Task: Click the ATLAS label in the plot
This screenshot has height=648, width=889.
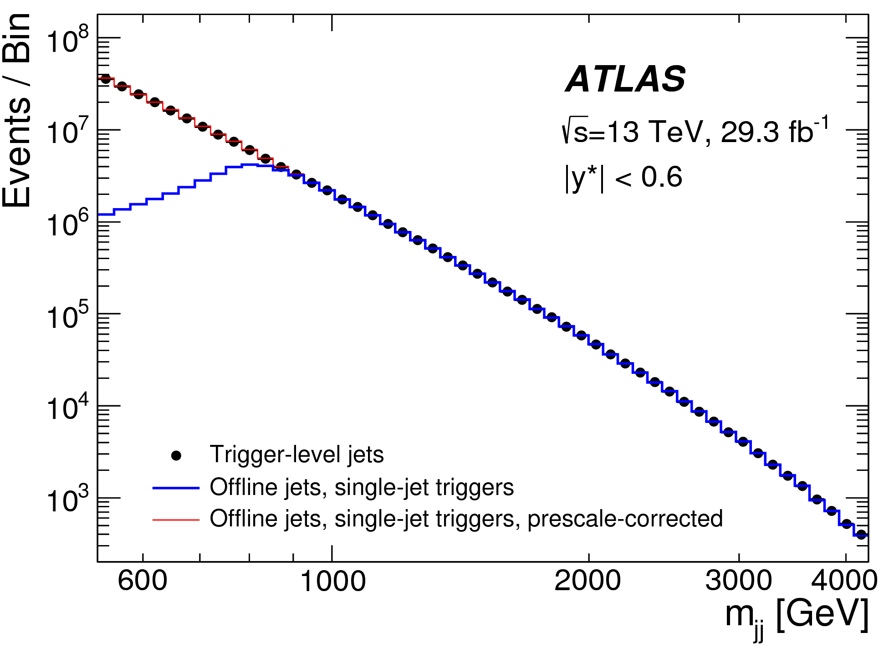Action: tap(625, 79)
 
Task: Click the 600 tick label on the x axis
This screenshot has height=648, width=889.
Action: tap(143, 581)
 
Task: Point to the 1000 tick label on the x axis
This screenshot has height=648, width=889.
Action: tap(333, 582)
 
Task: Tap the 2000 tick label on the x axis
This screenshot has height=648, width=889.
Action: tap(588, 581)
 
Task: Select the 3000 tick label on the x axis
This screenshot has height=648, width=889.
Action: tap(738, 581)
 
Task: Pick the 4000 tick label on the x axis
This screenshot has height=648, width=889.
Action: tap(844, 581)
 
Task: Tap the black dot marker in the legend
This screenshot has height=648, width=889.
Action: tap(176, 455)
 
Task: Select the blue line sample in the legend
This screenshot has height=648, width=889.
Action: tap(176, 488)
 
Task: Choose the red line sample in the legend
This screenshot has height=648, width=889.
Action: tap(176, 520)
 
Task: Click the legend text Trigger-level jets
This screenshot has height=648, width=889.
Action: tap(296, 454)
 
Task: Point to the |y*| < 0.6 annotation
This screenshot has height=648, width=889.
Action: tap(623, 178)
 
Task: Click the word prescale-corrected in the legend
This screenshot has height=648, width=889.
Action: tap(625, 519)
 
